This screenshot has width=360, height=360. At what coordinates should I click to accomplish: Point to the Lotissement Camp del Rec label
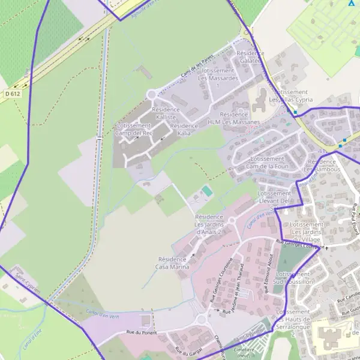[134, 128]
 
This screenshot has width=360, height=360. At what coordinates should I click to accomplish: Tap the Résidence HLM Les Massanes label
[233, 118]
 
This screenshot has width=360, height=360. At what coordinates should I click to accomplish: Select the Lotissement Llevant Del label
[274, 197]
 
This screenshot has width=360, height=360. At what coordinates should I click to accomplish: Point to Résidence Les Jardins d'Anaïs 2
[209, 223]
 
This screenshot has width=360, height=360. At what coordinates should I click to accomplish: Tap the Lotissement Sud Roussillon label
[293, 277]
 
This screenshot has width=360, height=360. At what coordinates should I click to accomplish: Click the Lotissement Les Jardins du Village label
[307, 232]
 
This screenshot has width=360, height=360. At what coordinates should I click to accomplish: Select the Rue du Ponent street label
[142, 332]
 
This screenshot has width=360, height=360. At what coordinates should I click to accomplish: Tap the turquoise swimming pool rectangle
[207, 191]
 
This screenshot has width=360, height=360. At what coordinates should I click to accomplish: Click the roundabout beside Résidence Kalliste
[152, 94]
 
